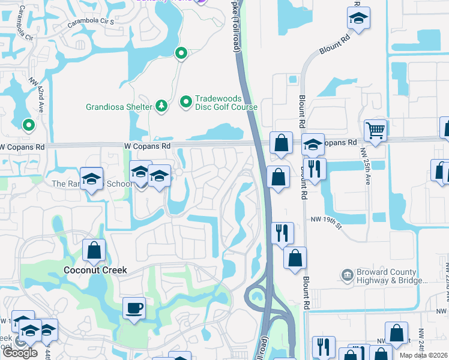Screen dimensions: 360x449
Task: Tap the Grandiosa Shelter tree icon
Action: [161, 107]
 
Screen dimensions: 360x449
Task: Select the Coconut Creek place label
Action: [95, 270]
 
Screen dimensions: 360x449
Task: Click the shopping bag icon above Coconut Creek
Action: [94, 250]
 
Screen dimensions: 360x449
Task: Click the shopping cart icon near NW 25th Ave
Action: [375, 130]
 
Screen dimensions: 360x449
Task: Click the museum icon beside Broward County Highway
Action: [348, 276]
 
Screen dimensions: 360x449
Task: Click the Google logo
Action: [20, 353]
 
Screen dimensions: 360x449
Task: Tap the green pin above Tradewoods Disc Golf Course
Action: [180, 54]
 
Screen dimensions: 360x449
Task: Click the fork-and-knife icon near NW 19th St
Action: [282, 232]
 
